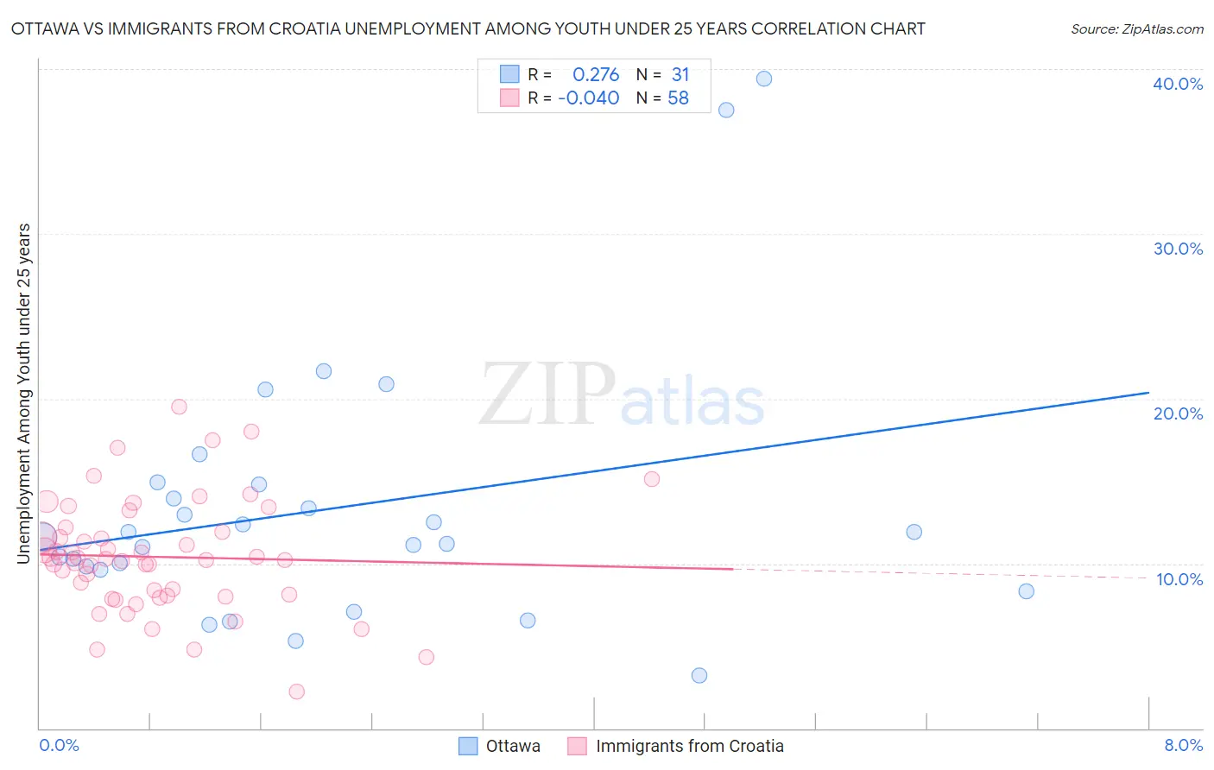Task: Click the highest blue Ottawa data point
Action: pos(764,79)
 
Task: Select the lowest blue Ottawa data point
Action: pos(699,675)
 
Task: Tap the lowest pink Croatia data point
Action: pos(297,691)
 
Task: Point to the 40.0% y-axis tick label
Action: pos(1178,84)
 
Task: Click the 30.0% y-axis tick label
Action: pos(1178,249)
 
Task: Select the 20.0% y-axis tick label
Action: pos(1178,413)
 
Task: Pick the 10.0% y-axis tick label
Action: pos(1178,579)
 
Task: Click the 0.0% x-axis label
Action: pos(59,745)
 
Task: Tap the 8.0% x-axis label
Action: pos(1183,745)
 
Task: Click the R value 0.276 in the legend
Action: pos(596,75)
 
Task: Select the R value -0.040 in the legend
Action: pos(589,98)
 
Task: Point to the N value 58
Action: pos(678,98)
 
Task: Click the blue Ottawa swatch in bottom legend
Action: pos(468,746)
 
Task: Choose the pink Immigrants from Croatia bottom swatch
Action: pos(577,746)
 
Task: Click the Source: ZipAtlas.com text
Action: pos(1136,29)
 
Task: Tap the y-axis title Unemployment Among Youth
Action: pos(23,394)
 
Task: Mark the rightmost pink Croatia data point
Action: pos(652,479)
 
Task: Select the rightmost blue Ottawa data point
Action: pos(1026,591)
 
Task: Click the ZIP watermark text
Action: pos(547,395)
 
